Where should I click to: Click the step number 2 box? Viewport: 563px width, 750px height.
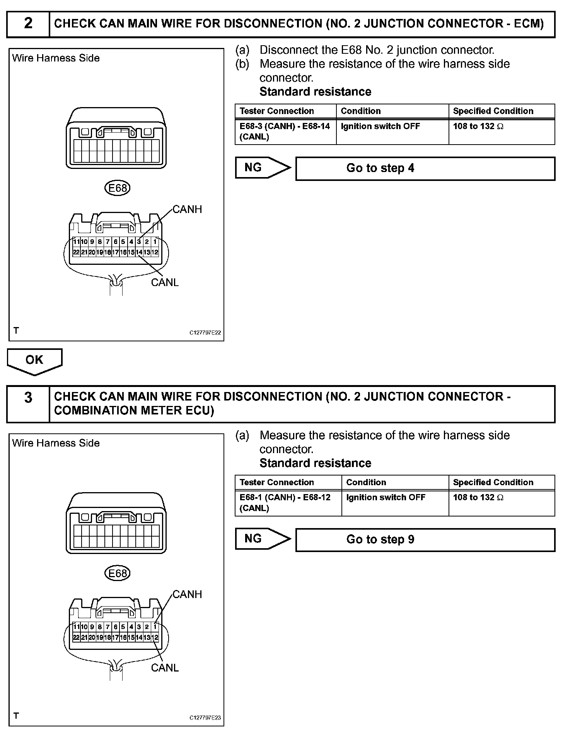(x=28, y=24)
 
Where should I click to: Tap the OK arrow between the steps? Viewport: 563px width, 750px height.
(x=34, y=361)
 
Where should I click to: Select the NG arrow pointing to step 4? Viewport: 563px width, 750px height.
(x=262, y=167)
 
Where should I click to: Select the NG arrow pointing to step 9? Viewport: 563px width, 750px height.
(x=262, y=539)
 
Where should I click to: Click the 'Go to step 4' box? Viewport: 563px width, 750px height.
(x=425, y=168)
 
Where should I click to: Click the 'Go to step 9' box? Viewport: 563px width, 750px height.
(x=425, y=539)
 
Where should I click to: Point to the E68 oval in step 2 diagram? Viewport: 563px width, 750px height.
(x=118, y=188)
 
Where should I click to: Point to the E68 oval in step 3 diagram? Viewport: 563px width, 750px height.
(x=118, y=573)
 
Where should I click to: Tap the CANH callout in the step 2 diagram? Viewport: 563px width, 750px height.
(x=187, y=210)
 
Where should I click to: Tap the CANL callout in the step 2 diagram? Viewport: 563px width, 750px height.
(x=165, y=283)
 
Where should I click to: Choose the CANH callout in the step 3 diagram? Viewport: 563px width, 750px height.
(x=187, y=594)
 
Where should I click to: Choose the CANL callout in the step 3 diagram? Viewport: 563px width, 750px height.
(x=165, y=668)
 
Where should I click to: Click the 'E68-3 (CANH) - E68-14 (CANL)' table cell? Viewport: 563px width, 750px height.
(x=285, y=131)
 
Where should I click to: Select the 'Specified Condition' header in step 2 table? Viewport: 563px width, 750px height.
(x=493, y=111)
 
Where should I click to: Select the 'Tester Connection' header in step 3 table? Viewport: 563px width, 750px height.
(x=276, y=482)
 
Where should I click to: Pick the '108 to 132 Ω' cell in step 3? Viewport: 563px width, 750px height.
(x=478, y=498)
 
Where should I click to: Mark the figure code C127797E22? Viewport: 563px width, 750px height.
(x=205, y=333)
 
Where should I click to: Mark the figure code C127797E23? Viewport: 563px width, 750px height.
(x=205, y=718)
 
